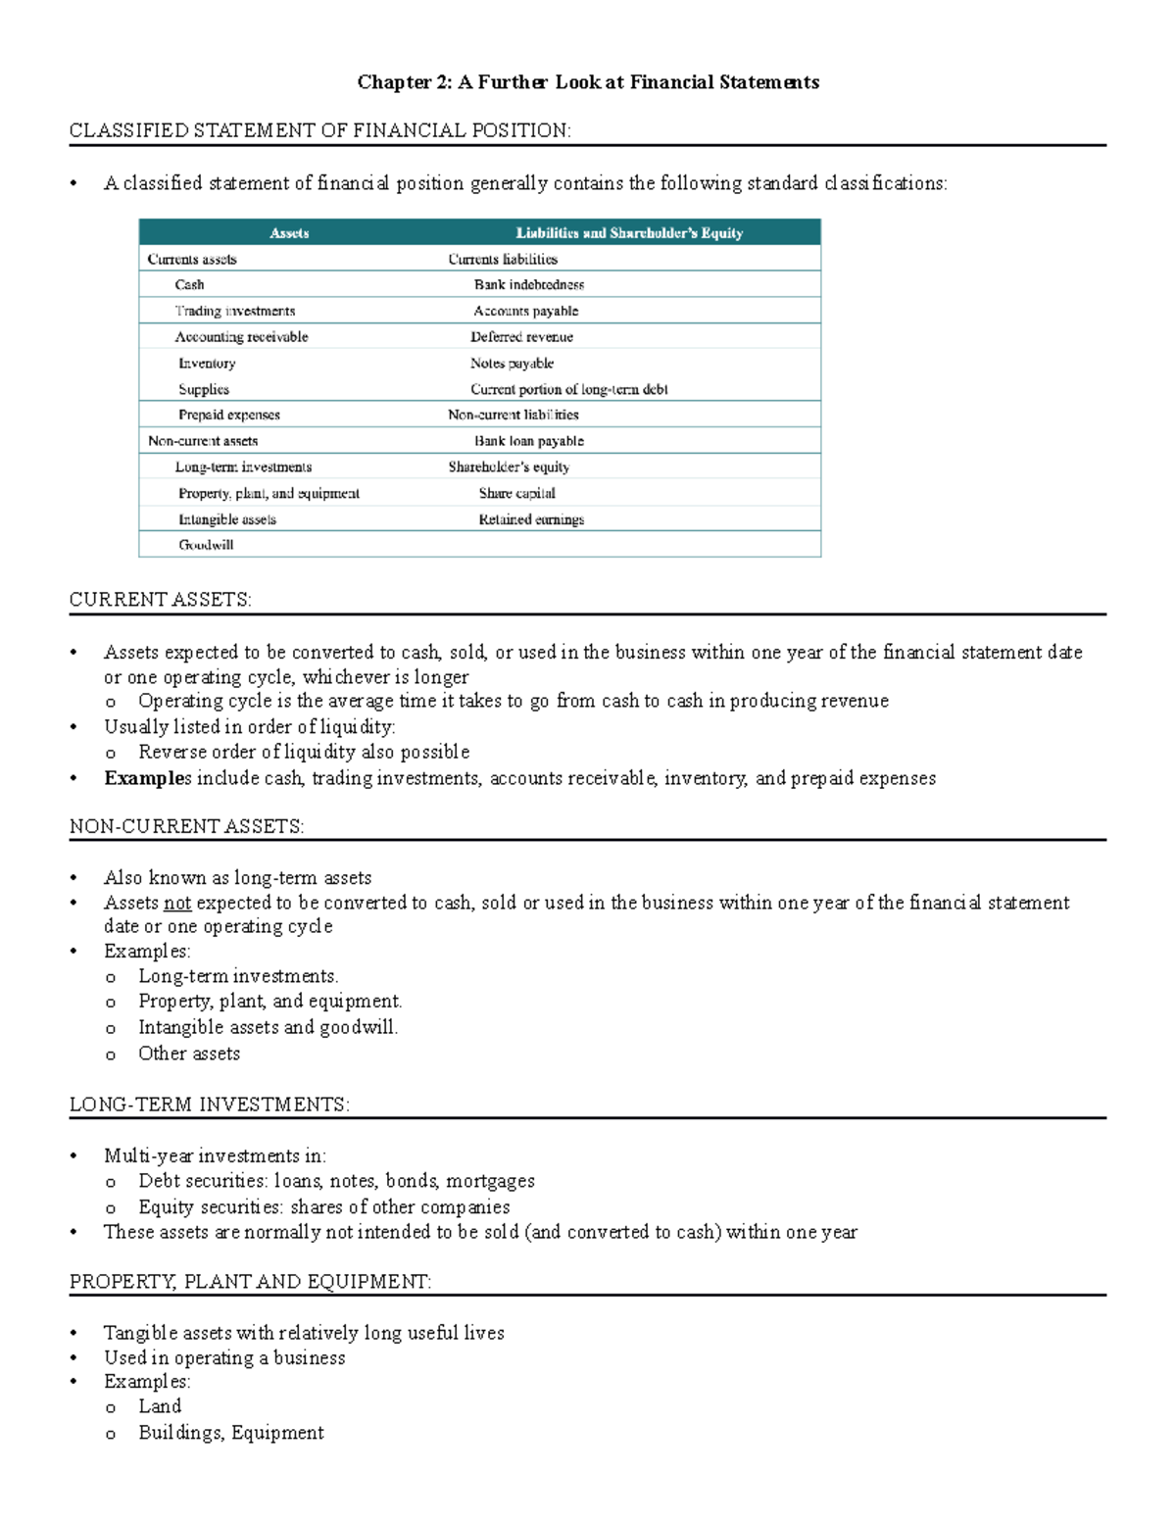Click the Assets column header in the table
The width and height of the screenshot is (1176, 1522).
[289, 233]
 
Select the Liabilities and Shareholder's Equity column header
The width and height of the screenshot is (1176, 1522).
[629, 233]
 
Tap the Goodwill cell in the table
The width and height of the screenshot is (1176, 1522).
[206, 545]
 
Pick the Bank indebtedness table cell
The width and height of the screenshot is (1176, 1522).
[529, 285]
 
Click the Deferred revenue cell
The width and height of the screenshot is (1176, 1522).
[521, 337]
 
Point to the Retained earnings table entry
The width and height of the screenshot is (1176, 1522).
[531, 519]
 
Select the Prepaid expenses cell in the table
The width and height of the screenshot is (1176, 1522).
[229, 415]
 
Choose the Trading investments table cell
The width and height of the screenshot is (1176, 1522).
[235, 311]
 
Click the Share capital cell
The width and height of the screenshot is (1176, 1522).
[516, 493]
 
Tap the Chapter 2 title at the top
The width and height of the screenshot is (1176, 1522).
[588, 82]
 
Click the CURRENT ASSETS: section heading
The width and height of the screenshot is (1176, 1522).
[161, 600]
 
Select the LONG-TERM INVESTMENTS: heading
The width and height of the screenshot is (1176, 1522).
[210, 1105]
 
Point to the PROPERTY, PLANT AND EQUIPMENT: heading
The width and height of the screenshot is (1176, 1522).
[250, 1282]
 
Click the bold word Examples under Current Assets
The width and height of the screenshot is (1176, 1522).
[148, 778]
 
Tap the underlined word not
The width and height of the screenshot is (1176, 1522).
[177, 903]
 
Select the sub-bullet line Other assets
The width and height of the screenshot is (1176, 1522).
[189, 1054]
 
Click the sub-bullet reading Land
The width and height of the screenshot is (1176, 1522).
[160, 1406]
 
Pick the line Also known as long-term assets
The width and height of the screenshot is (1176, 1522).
[238, 878]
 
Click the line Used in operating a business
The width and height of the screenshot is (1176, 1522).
[224, 1357]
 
